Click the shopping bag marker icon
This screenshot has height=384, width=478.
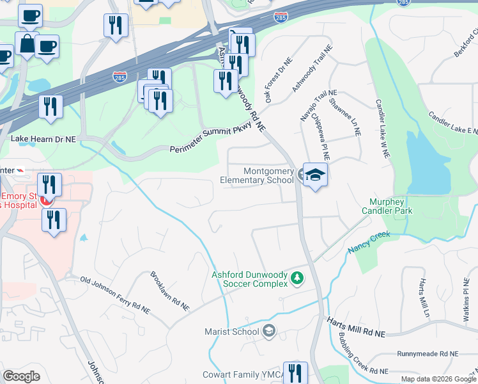[27, 44]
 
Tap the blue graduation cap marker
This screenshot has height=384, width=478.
[315, 174]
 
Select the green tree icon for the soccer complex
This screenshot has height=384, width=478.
[297, 278]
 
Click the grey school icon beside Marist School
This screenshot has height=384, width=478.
[269, 331]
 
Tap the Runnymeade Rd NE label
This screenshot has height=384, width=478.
[427, 353]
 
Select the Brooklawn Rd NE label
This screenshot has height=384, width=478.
[169, 292]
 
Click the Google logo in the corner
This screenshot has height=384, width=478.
[22, 376]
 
